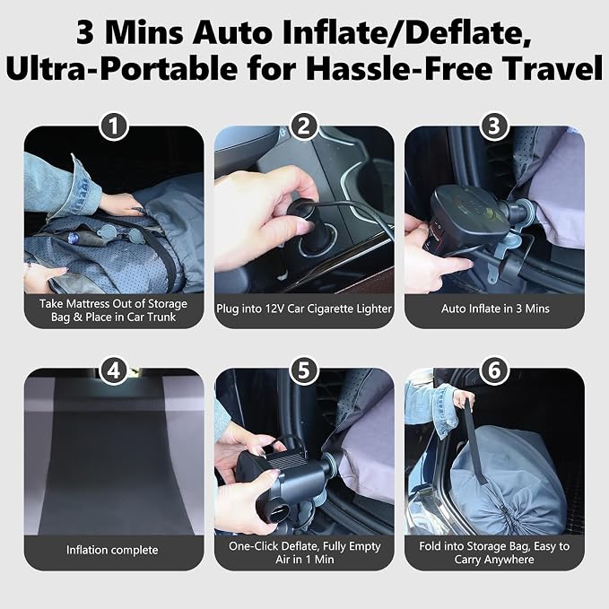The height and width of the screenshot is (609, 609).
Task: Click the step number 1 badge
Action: [113, 126]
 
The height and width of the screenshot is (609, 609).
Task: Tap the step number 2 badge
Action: [304, 126]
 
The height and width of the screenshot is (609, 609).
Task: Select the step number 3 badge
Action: [494, 126]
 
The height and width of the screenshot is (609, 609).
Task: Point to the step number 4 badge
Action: [113, 370]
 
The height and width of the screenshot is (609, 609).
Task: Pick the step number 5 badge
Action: [304, 370]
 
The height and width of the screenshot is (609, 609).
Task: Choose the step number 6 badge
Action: [494, 370]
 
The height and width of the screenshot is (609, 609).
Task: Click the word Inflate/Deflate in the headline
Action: [406, 33]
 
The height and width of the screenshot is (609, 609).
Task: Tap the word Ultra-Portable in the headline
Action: [121, 69]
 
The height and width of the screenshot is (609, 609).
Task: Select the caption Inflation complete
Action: [112, 550]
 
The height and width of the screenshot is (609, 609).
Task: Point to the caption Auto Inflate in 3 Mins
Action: [495, 309]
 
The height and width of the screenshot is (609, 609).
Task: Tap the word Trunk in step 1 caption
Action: [161, 317]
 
